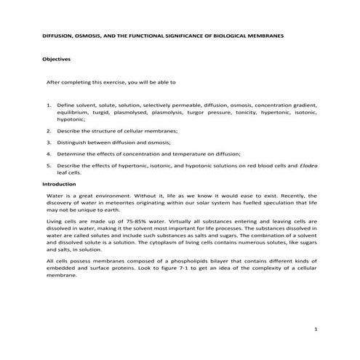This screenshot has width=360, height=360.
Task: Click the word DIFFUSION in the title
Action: coord(55,36)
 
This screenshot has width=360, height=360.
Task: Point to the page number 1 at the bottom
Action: coord(316,329)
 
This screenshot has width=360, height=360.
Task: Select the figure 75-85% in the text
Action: coord(116,220)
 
